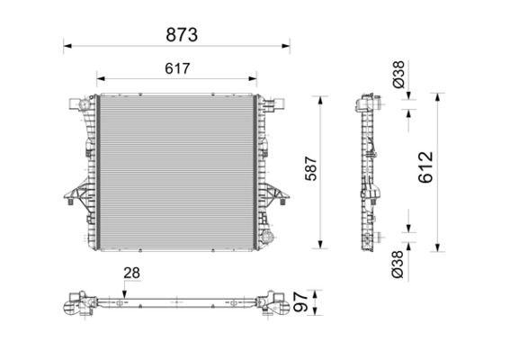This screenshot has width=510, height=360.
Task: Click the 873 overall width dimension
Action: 182,35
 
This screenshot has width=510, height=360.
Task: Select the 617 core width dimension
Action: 177,68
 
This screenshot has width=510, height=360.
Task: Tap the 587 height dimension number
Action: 311,168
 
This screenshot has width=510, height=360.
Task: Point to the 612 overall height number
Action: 425,167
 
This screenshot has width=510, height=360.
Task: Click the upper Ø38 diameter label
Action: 398,74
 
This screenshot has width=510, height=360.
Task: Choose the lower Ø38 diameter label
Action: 398,265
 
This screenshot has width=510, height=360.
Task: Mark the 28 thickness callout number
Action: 131,273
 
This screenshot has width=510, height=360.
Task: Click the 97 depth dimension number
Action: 300,302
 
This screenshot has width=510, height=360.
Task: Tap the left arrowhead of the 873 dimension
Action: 67,46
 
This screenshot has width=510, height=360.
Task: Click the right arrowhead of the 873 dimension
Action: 286,46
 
